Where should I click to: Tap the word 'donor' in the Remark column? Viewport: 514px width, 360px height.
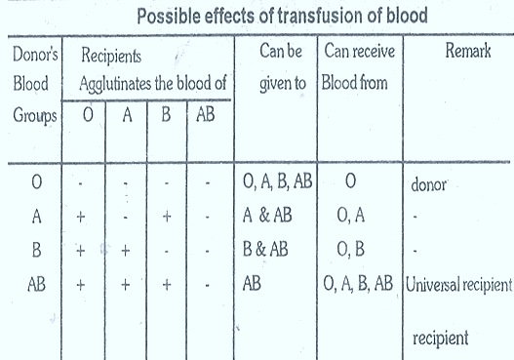coord(421,183)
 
